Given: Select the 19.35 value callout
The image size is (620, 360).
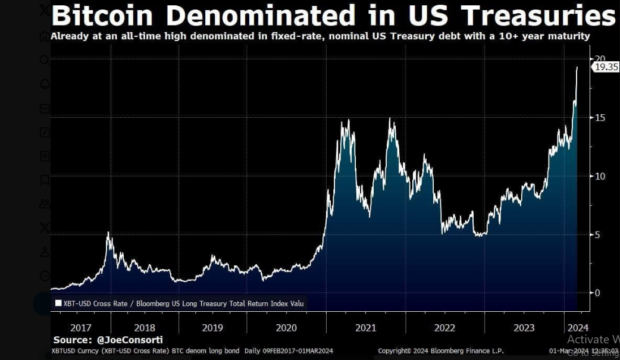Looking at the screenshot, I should pos(606,67).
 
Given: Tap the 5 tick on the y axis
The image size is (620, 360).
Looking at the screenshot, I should pos(598,234).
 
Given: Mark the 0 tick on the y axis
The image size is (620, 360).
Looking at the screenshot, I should pos(597,293).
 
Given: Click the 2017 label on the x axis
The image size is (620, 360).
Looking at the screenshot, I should pos(81,328).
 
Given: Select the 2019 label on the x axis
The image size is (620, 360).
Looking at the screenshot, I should pos(212,328).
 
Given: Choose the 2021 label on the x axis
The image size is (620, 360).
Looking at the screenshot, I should pos(365,328).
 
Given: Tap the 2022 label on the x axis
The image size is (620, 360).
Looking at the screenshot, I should pos(445,328).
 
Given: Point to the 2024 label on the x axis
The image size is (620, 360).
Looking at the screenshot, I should pos(578,328).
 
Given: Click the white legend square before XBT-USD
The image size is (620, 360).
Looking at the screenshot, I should pos(58,303).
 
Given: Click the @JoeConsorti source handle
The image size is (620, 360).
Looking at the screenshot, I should pos(129,340).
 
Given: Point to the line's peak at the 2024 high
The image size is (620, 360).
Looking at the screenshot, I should pos(577,67).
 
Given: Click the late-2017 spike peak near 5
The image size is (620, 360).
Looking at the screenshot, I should pos(108,232).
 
